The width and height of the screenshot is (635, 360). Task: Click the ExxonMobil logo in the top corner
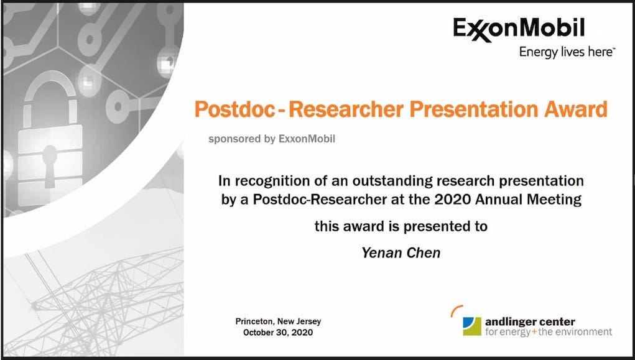point(519,30)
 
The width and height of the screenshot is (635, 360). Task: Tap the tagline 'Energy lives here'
point(567,52)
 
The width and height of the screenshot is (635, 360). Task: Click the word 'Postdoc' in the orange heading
point(235,109)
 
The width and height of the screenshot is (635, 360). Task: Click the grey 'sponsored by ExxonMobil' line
point(272,139)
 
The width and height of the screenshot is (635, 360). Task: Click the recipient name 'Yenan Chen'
point(401,252)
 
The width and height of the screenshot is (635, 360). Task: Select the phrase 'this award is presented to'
point(401,226)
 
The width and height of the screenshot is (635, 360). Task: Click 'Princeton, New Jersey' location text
point(278,321)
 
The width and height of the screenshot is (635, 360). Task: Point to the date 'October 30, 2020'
point(278,333)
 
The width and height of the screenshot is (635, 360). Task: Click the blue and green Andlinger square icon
point(472,326)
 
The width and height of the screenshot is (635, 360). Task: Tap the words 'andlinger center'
point(530,322)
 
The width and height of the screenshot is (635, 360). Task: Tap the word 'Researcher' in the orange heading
point(346,109)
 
